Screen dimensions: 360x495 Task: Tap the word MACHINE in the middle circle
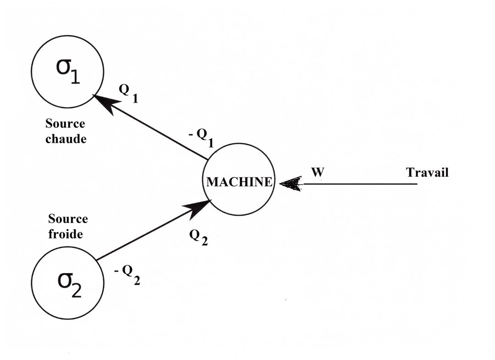pos(239,182)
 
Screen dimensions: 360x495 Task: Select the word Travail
pos(427,173)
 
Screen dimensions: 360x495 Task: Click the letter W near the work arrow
pos(318,174)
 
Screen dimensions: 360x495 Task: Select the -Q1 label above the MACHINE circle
pos(201,138)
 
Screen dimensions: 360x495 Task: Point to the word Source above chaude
pos(66,124)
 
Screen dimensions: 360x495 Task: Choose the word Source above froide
pos(68,219)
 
